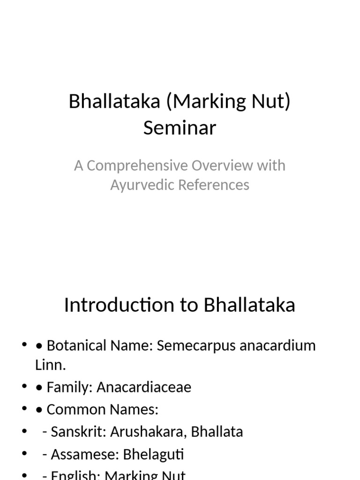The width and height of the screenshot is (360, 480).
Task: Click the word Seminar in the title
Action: tap(180, 127)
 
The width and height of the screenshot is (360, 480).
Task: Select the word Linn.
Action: tap(49, 365)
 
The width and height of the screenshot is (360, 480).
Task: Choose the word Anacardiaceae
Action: tap(144, 388)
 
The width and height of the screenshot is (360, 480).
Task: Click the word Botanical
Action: tap(76, 346)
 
